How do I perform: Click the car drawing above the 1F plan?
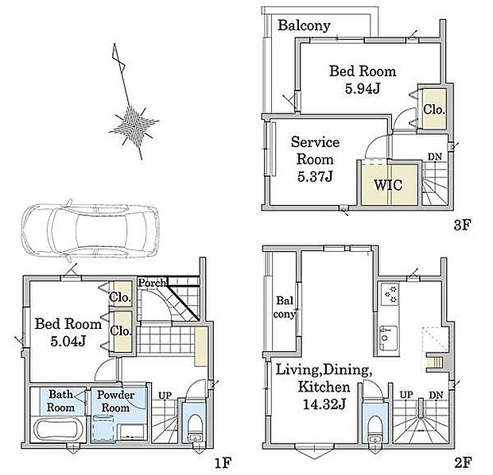pyautogui.click(x=90, y=230)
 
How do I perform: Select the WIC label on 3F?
pyautogui.click(x=388, y=185)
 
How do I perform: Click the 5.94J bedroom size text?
pyautogui.click(x=363, y=88)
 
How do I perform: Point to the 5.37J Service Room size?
pyautogui.click(x=315, y=176)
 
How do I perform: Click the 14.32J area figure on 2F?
pyautogui.click(x=324, y=404)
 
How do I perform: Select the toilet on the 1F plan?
pyautogui.click(x=195, y=428)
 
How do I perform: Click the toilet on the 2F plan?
pyautogui.click(x=375, y=429)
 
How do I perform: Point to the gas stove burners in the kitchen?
pyautogui.click(x=390, y=294)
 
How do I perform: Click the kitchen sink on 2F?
pyautogui.click(x=388, y=338)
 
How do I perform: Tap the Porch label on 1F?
pyautogui.click(x=152, y=283)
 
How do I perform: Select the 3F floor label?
pyautogui.click(x=463, y=225)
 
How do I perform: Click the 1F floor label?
pyautogui.click(x=223, y=462)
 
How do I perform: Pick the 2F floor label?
pyautogui.click(x=463, y=462)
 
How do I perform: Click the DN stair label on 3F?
pyautogui.click(x=435, y=156)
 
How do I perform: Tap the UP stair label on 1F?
pyautogui.click(x=165, y=396)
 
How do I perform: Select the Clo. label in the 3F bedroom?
pyautogui.click(x=434, y=110)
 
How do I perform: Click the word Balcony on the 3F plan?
pyautogui.click(x=304, y=25)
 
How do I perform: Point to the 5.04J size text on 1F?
pyautogui.click(x=68, y=342)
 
